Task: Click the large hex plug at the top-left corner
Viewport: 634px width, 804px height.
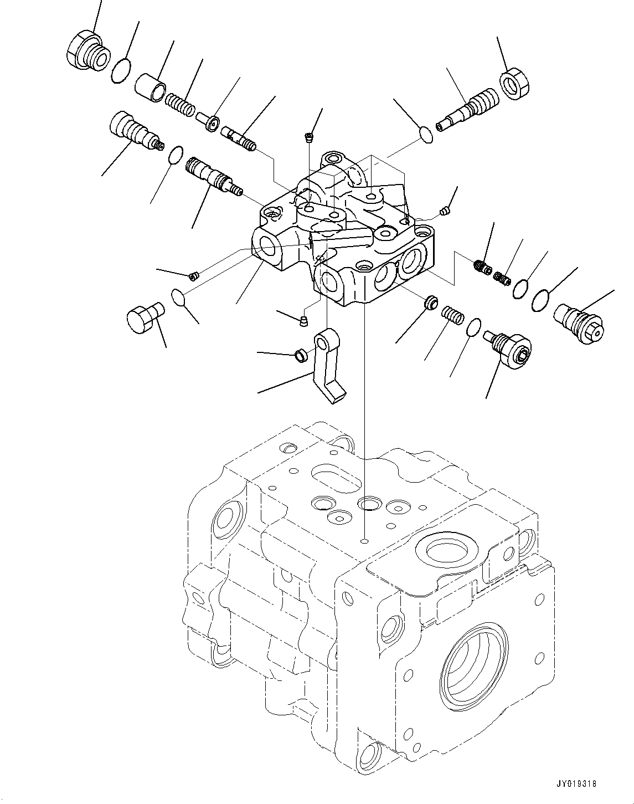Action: click(x=86, y=51)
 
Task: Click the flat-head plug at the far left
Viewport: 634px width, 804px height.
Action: click(x=142, y=316)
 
